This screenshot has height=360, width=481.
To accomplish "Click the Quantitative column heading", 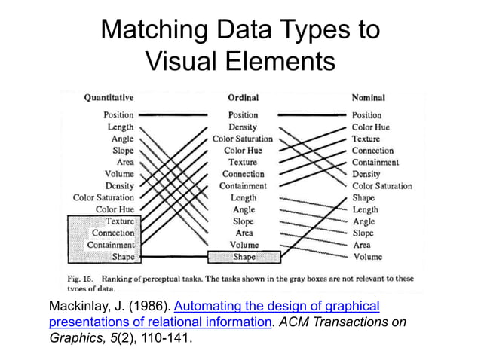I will tap(109, 98).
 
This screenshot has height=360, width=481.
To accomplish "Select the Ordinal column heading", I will tap(243, 98).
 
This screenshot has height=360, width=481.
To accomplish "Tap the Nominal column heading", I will tap(368, 98).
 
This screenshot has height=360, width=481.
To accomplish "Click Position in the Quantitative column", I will tap(119, 115).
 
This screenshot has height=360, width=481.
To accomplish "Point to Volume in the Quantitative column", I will tap(119, 174).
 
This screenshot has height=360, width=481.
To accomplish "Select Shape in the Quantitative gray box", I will tap(123, 257).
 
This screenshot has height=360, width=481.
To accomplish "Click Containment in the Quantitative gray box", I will tap(111, 245).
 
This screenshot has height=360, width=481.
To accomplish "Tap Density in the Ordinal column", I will tap(243, 127).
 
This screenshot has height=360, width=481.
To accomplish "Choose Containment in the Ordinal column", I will tap(243, 186).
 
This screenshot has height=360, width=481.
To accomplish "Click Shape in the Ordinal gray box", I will tap(244, 257).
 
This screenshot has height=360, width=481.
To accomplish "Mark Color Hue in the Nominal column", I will tap(370, 127).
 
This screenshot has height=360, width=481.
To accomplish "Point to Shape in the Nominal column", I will tap(363, 198).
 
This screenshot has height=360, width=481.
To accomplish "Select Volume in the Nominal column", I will tap(367, 257).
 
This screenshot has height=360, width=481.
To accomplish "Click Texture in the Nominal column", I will tap(366, 139).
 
